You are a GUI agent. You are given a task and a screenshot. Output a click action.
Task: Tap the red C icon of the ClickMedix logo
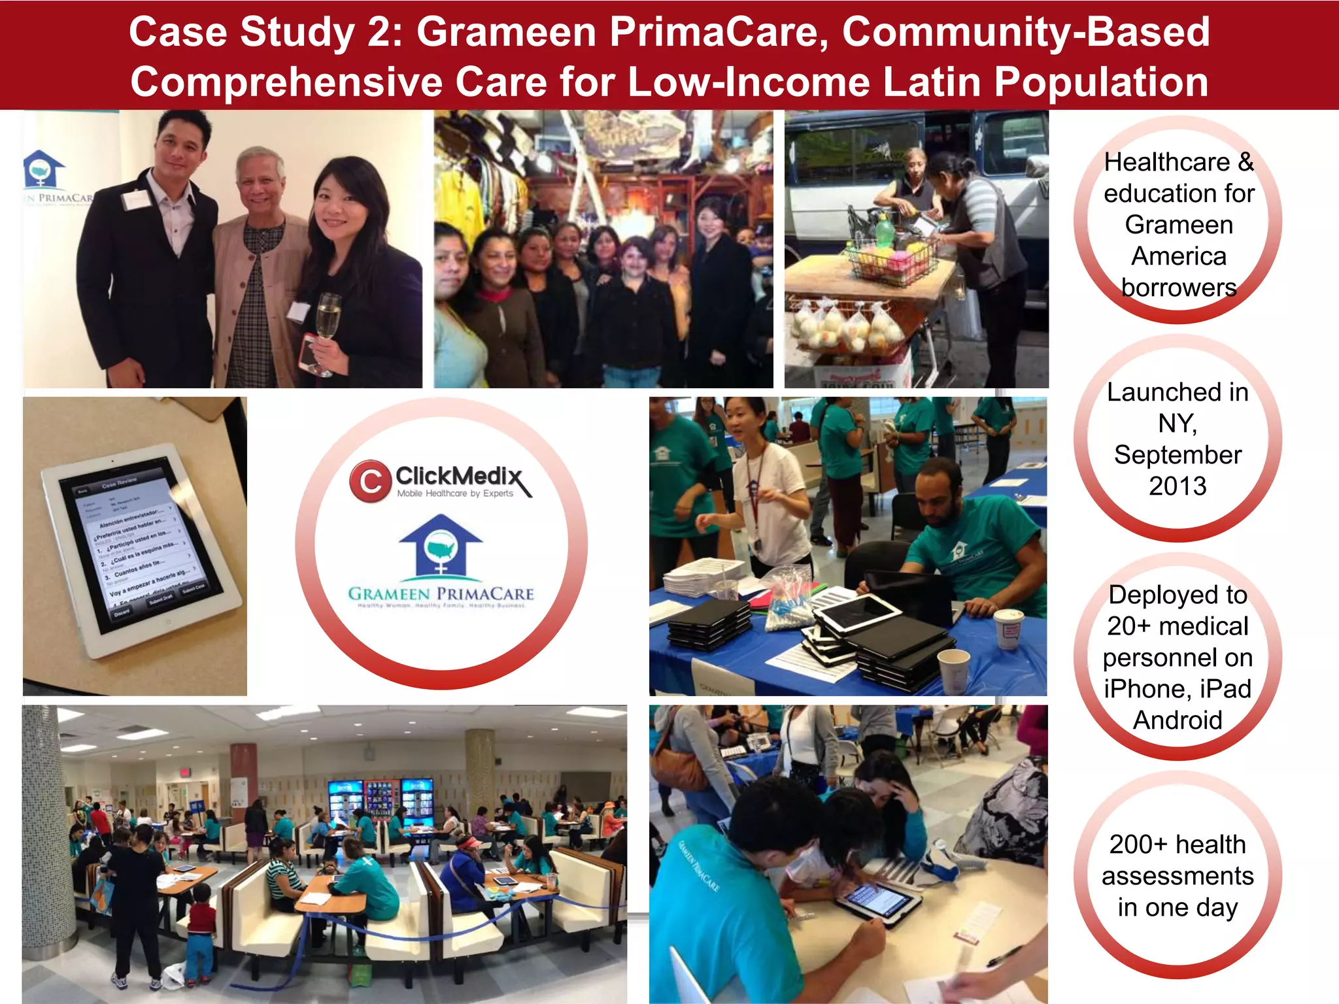pos(370,482)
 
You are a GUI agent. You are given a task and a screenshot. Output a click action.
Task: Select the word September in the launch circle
pos(1178,455)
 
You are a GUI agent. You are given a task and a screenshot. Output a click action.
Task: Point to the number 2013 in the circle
pos(1178,486)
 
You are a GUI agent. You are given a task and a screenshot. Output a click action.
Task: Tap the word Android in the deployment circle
pos(1178,720)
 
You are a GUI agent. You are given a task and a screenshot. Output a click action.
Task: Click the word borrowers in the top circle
pos(1179,288)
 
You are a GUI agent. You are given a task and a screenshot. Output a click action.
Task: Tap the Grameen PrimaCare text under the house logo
pos(441,594)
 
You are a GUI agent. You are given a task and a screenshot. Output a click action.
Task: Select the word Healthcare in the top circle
pos(1166,162)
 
